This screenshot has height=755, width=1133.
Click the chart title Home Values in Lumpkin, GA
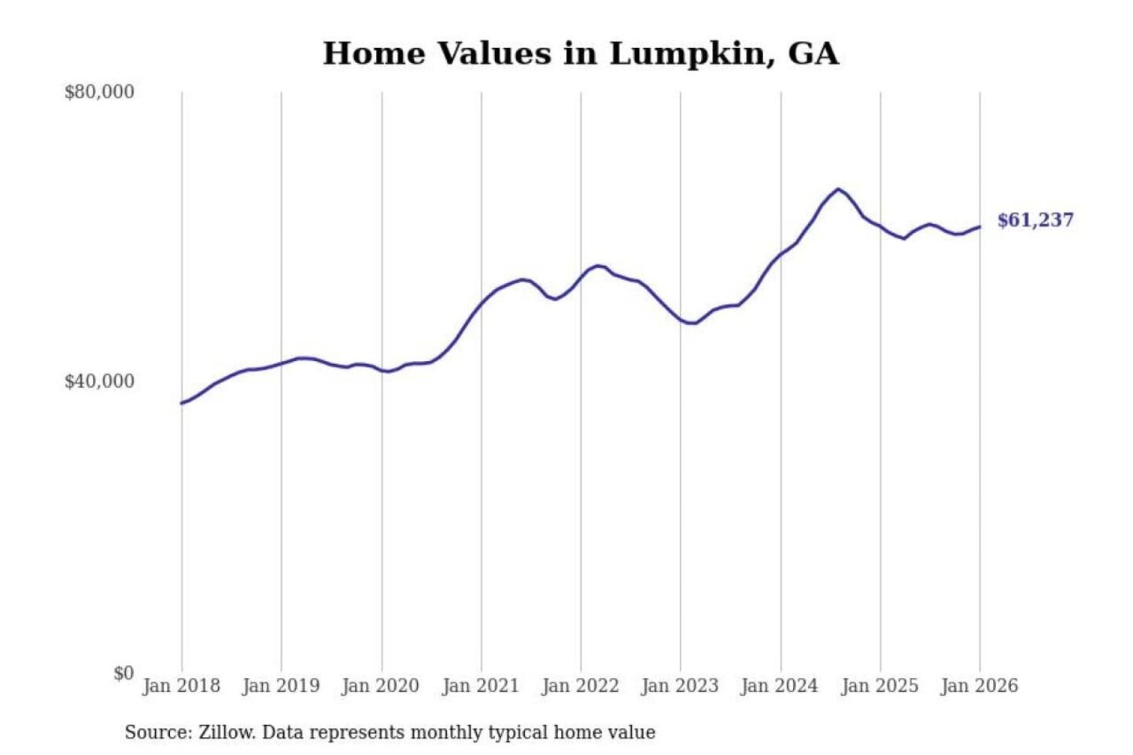pos(581,53)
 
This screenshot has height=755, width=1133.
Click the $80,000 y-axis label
pos(99,92)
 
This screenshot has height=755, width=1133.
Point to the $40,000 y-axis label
pos(99,381)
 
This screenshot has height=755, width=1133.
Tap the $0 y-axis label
pos(123,673)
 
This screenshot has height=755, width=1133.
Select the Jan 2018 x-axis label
pos(181,686)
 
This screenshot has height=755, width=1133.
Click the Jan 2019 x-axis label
pos(281,686)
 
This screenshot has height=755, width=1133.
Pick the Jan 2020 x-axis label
pos(381,686)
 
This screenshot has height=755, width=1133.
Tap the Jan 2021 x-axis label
pos(481,686)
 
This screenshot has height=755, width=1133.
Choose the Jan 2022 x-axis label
pos(581,686)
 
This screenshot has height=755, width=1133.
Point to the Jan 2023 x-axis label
pos(680,686)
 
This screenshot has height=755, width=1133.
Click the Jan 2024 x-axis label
pos(780,686)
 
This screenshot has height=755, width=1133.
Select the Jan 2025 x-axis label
pos(880,686)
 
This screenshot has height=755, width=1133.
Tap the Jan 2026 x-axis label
pos(980,686)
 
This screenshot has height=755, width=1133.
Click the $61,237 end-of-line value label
pos(1035,220)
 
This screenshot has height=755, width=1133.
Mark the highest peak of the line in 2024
pos(839,189)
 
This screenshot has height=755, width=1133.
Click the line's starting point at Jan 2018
pos(182,403)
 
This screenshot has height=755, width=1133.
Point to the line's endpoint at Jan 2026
pos(980,226)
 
